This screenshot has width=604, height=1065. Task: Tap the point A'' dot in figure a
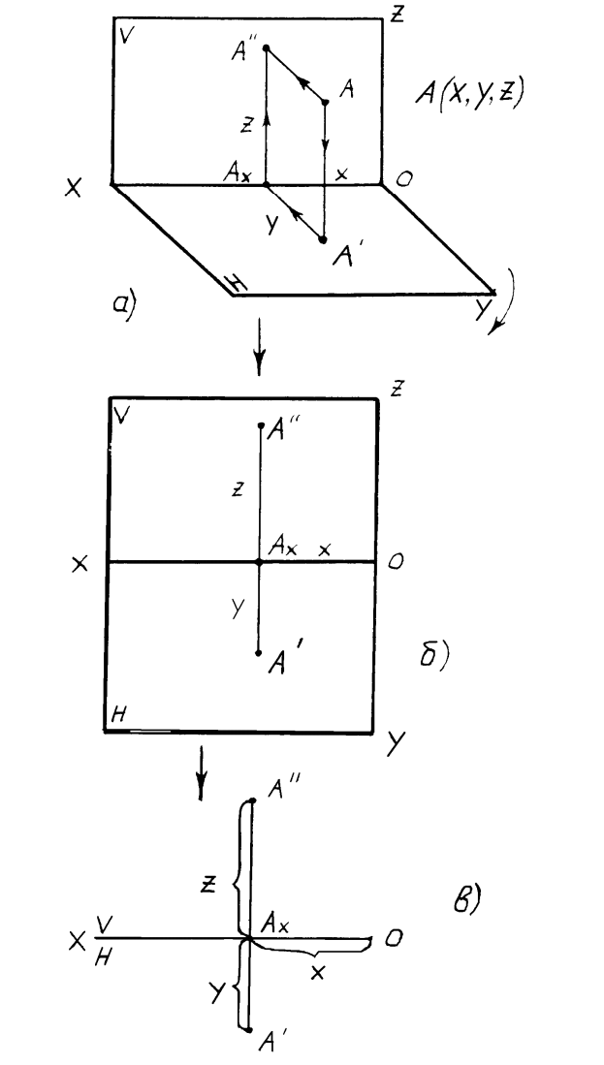coord(267,47)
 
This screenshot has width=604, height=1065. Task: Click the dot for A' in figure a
coord(324,239)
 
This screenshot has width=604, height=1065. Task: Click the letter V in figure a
coord(124,36)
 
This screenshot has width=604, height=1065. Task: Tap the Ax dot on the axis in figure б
coord(259,562)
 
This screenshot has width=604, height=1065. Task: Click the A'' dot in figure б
coord(260,425)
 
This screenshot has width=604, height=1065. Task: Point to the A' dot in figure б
coord(259,653)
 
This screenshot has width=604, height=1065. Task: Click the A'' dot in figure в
coord(251,800)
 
